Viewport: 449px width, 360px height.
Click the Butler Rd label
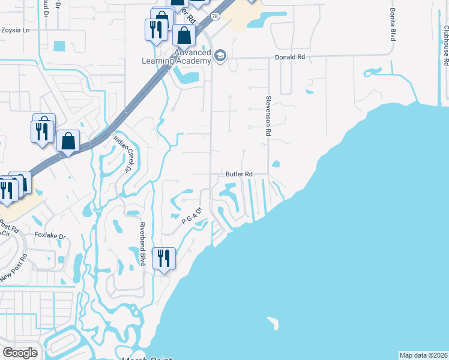pos(238,174)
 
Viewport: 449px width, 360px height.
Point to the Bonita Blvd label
pos(393,25)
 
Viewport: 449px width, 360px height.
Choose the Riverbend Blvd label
pos(143,244)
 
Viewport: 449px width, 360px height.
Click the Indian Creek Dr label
pos(123,154)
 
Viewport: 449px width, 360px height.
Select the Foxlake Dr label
pos(49,235)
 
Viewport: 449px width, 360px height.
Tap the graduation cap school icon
pos(220,56)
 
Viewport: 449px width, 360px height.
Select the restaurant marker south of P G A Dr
pos(164,258)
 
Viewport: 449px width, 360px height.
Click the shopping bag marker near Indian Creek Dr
pos(68,141)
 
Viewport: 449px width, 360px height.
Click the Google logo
pos(20,353)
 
